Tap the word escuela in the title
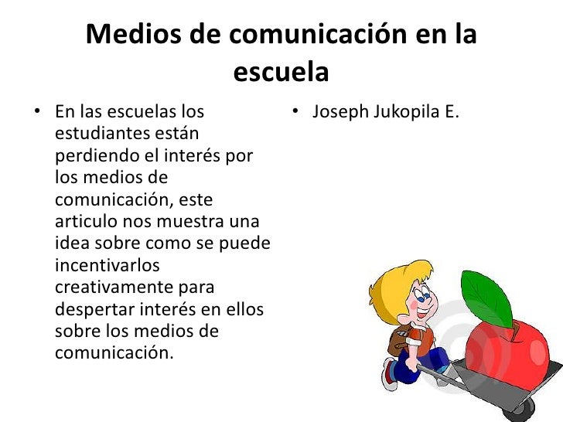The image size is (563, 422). point(281,73)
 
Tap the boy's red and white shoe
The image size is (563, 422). point(390,374)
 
